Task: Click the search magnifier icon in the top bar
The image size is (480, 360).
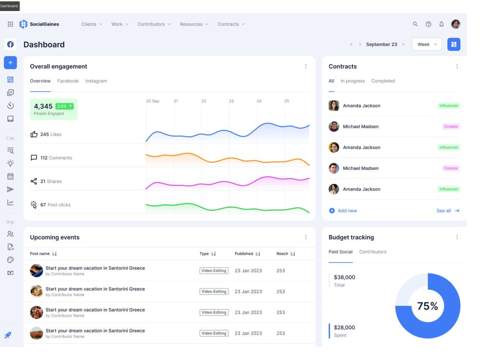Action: [x=415, y=24]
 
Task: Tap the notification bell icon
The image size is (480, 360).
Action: [x=442, y=24]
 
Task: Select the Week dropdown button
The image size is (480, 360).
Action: [x=427, y=44]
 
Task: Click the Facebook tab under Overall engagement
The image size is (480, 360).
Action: [x=68, y=81]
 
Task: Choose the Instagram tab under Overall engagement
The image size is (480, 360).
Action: [x=96, y=81]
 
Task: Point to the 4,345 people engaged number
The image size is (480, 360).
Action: [x=43, y=106]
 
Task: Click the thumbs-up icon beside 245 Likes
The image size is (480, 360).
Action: [x=34, y=134]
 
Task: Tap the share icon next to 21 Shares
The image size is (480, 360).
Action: [x=34, y=181]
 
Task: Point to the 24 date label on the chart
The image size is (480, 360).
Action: [x=259, y=101]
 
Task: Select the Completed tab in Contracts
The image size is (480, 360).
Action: [x=383, y=81]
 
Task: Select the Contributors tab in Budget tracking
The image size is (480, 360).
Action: [x=372, y=252]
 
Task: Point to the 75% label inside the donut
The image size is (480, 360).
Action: [x=427, y=306]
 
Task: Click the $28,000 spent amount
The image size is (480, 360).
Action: [x=344, y=327]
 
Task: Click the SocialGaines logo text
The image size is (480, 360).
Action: [x=44, y=24]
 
